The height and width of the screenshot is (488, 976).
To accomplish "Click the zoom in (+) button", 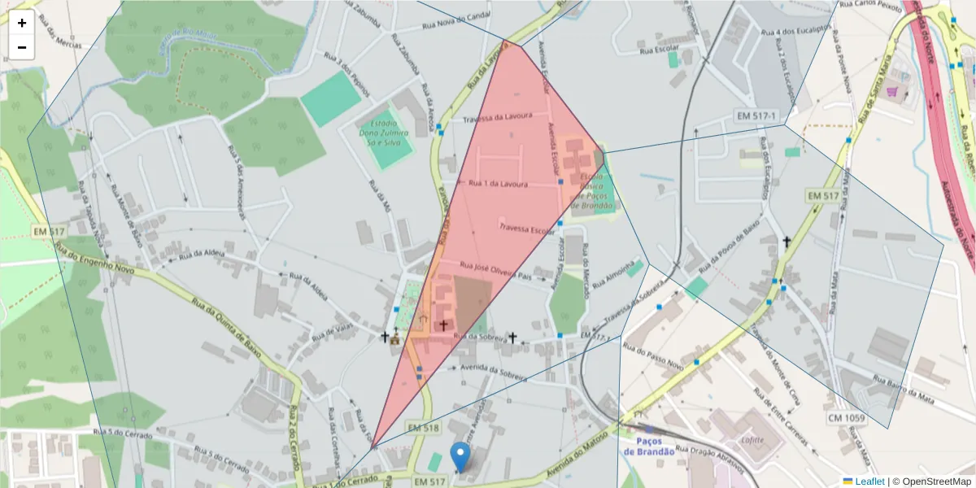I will click(22, 24).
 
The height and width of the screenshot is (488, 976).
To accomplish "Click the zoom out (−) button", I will click(22, 47).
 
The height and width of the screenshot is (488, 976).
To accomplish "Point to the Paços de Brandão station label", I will click(650, 447).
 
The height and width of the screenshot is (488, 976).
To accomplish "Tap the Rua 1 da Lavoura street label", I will click(499, 184).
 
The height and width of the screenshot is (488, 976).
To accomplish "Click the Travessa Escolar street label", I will click(527, 230).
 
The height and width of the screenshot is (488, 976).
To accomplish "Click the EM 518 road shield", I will click(423, 428).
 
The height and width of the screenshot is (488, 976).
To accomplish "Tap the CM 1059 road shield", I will click(846, 418).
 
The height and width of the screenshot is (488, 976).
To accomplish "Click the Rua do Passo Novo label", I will click(654, 351).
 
